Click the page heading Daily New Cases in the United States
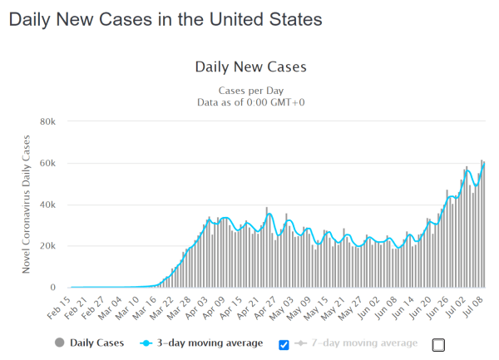(165, 17)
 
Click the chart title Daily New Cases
(250, 66)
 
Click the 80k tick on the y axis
(47, 121)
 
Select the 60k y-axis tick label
(47, 163)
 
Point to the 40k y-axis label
(47, 205)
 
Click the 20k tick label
(47, 246)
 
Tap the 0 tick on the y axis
(52, 288)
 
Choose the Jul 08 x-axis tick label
(473, 306)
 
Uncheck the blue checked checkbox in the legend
(284, 344)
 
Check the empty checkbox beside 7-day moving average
(439, 344)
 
